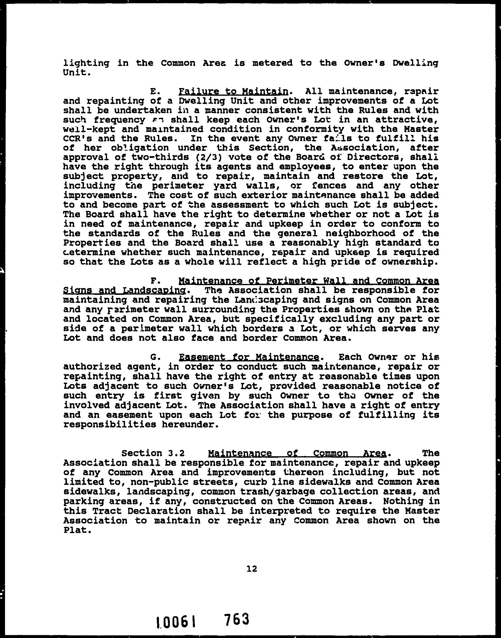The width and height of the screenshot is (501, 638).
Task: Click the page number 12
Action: pos(252,568)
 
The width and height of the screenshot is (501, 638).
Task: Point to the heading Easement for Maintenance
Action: pos(249,357)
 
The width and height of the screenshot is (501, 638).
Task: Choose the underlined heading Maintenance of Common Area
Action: pos(297,453)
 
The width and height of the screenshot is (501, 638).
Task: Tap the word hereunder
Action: pos(191,424)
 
